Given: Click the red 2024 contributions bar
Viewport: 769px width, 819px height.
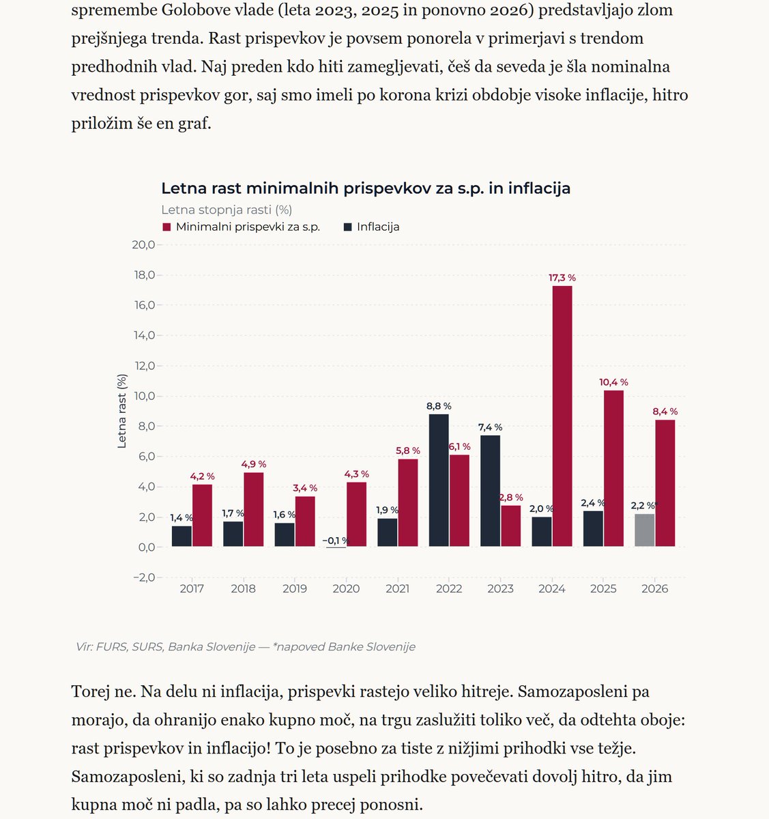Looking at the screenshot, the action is coord(562,416).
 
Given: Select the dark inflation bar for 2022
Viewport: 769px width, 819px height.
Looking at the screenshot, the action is coord(439,480).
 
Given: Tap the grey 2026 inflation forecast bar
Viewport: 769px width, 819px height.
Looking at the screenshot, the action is coord(645,530).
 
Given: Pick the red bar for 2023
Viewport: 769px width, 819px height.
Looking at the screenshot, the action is coord(511,526).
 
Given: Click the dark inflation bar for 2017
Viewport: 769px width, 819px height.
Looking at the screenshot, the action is coord(182,536).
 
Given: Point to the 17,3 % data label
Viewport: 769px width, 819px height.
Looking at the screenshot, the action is coord(562,278).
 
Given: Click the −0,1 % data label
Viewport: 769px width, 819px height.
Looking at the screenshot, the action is coord(336,541).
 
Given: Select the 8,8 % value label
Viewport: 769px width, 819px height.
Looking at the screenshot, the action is coord(439,406).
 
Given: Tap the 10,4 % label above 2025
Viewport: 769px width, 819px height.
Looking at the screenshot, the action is coord(613,382).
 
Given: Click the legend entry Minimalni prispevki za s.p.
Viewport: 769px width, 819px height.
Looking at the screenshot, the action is coord(242,227).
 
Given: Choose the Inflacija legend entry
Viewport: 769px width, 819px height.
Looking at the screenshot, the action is coord(372,227).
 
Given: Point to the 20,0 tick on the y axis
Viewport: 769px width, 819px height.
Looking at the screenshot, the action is coord(143,244).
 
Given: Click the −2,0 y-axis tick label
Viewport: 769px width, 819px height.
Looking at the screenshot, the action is coord(144,577).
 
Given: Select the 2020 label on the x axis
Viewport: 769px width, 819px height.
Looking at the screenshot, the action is coord(346,588).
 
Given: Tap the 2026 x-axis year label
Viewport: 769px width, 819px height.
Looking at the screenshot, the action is coord(655,588).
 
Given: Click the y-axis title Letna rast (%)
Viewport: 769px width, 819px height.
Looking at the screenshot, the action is coord(121,411).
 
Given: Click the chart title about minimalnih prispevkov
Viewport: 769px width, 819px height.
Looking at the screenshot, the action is coord(366,188).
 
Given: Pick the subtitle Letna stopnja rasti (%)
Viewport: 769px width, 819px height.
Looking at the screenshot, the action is coord(227,210).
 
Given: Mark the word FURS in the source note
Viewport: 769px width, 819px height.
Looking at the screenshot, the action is coord(111,646).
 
